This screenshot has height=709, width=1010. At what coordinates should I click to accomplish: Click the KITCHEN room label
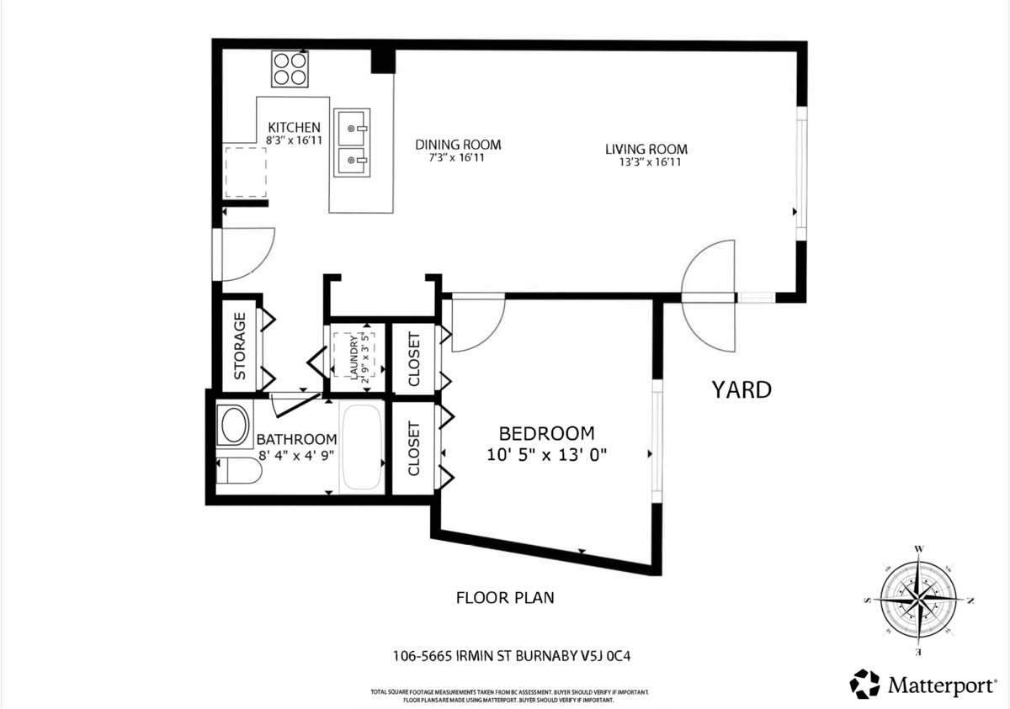[x=294, y=127]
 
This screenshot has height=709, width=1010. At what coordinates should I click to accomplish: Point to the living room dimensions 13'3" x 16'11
[x=648, y=162]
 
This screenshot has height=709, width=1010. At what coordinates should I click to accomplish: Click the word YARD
[x=742, y=390]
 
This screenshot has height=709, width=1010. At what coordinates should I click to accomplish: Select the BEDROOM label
[x=546, y=434]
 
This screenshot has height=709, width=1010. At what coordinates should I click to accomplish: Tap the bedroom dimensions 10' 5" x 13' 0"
[x=546, y=455]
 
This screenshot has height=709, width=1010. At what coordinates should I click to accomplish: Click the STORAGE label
[x=239, y=346]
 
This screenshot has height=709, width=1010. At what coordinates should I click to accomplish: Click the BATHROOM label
[x=296, y=439]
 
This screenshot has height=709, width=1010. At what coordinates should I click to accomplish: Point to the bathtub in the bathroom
[x=363, y=447]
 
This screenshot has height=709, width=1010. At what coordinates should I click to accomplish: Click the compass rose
[x=918, y=600]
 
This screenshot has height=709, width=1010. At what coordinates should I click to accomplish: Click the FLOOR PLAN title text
[x=505, y=598]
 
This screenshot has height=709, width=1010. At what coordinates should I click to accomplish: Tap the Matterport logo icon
[x=864, y=684]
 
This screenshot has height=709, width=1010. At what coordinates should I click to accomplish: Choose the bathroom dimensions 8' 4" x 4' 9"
[x=296, y=455]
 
